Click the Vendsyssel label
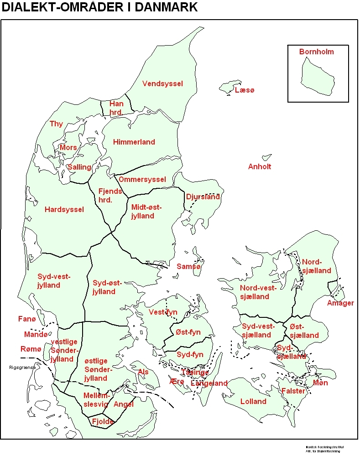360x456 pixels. [x=162, y=84]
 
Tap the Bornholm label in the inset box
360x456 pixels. [x=316, y=52]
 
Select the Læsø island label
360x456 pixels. [x=245, y=91]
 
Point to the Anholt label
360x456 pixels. [x=259, y=166]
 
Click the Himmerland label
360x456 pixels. [x=134, y=142]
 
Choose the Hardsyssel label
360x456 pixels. [x=64, y=209]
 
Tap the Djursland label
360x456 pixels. [x=203, y=197]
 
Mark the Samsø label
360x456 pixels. [x=188, y=267]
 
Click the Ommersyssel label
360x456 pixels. [x=142, y=179]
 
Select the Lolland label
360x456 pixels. [x=253, y=401]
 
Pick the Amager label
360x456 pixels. [x=340, y=303]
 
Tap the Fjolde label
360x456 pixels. [x=103, y=421]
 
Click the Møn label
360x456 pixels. [x=320, y=383]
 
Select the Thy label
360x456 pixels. [x=56, y=124]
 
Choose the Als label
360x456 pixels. [x=143, y=372]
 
